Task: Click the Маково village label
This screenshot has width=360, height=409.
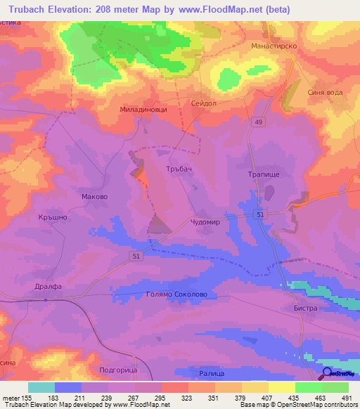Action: [x=94, y=197]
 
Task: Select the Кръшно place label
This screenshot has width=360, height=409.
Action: [x=52, y=218]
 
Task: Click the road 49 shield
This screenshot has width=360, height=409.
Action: [x=259, y=122]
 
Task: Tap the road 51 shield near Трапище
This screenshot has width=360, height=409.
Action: [x=261, y=214]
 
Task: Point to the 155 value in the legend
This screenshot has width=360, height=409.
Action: [x=28, y=398]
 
